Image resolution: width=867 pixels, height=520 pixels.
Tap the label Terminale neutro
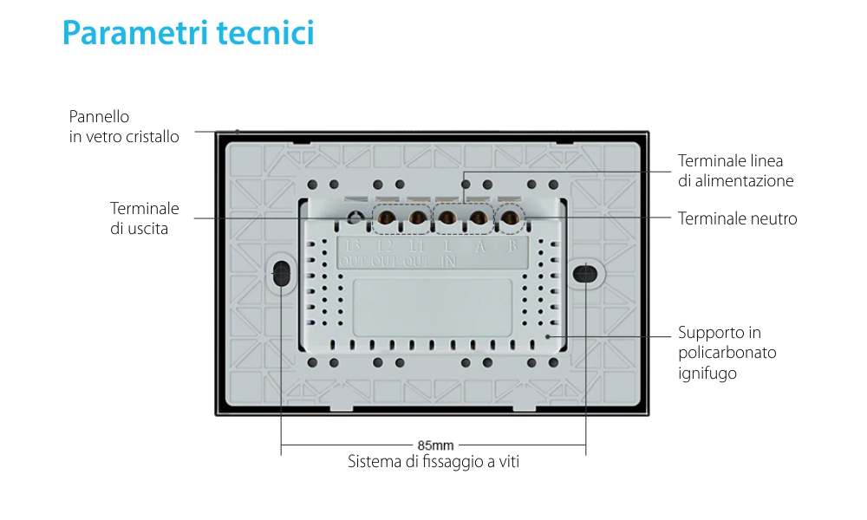tap(737, 218)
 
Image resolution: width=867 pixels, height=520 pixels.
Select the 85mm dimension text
tap(435, 445)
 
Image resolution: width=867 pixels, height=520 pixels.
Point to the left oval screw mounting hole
tap(281, 276)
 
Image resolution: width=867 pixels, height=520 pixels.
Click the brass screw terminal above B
tap(512, 218)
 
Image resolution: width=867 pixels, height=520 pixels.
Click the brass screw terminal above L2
tap(385, 218)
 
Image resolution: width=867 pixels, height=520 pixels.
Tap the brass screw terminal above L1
tap(417, 218)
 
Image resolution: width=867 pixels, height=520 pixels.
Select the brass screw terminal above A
tap(478, 218)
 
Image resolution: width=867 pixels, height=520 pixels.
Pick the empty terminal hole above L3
tap(354, 218)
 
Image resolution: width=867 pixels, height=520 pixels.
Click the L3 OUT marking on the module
tap(353, 253)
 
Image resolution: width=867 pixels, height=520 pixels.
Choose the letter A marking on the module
tap(479, 246)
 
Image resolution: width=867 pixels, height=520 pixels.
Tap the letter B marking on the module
tap(512, 246)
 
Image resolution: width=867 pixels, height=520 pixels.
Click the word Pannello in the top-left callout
tap(99, 116)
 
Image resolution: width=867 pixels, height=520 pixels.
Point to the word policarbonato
tap(727, 353)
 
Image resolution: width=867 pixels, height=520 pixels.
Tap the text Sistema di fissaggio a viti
tap(433, 462)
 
